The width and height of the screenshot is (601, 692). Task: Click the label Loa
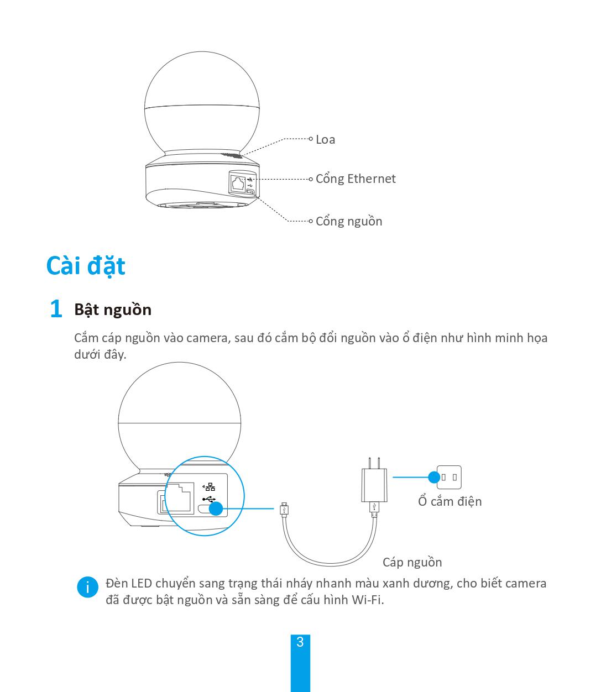pos(325,139)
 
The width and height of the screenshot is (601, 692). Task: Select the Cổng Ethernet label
pos(355,179)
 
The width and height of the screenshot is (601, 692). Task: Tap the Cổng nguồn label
pos(348,221)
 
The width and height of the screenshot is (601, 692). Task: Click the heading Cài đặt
pos(86,266)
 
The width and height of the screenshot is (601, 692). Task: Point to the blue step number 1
pos(56,309)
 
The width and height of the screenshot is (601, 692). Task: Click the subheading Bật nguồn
pos(113,310)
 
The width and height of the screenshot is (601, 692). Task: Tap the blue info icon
pos(87,587)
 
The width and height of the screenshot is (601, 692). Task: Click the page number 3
pos(300,642)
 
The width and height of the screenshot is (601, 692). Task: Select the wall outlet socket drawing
pos(450,476)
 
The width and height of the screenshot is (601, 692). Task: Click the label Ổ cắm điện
pos(450,501)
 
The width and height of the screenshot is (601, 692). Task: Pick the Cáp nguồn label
pos(412,562)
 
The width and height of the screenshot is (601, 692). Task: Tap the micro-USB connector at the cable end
pos(284,508)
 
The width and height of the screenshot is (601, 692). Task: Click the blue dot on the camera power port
pos(216,508)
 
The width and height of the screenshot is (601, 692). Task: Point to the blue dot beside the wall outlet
pos(434,476)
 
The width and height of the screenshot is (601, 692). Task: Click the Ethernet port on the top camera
pos(238,183)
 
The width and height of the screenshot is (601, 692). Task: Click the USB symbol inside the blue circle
pos(208,499)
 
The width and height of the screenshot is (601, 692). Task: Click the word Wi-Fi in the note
pos(367,600)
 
